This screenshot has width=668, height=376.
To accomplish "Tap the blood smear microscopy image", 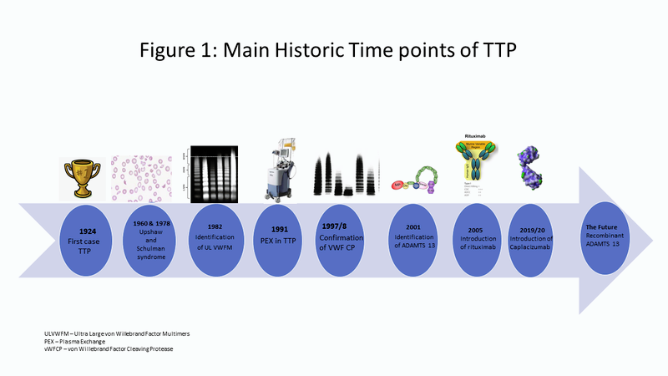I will (x=149, y=173).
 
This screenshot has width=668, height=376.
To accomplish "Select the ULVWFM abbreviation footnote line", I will (x=129, y=333).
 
